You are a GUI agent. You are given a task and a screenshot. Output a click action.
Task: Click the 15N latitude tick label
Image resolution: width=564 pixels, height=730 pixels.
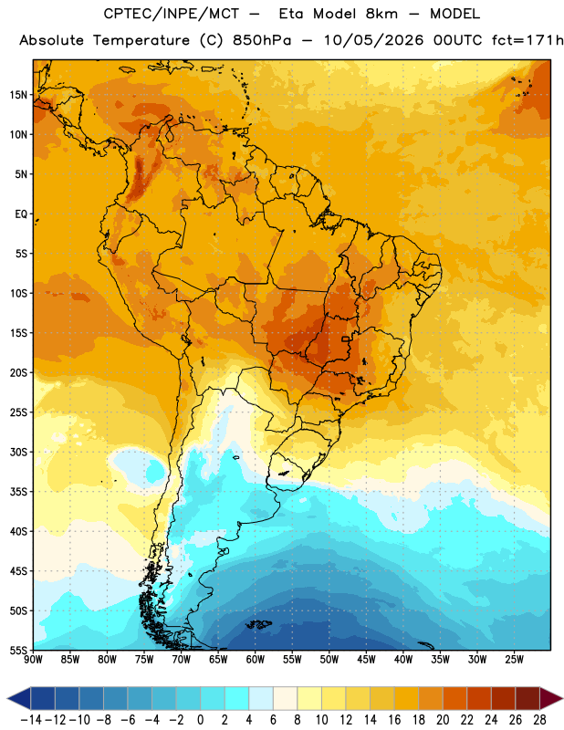click(18, 95)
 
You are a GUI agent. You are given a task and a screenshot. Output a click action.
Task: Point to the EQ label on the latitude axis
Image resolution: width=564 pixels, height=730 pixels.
click(21, 214)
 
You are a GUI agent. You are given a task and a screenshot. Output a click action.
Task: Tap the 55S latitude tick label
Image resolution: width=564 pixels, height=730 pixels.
click(18, 651)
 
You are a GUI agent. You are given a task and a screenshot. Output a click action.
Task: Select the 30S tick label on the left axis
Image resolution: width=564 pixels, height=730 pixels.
click(18, 452)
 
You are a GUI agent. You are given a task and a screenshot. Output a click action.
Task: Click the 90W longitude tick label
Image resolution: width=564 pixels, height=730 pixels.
click(33, 660)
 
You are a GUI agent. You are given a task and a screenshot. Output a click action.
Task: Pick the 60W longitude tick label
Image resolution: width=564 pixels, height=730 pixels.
click(256, 660)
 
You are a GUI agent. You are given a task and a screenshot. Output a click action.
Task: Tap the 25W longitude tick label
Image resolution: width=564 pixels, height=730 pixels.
click(514, 660)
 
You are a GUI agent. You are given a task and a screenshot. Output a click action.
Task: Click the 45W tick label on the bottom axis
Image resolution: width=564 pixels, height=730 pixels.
click(367, 660)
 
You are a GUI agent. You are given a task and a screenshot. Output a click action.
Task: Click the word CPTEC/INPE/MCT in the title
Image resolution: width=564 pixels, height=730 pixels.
click(172, 14)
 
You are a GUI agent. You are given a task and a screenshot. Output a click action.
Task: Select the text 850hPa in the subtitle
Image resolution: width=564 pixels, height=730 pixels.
click(262, 40)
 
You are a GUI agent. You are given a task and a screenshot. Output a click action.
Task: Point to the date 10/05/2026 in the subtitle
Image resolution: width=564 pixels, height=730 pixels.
click(373, 40)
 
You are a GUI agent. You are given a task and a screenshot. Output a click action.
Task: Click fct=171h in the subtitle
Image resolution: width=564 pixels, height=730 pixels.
click(527, 40)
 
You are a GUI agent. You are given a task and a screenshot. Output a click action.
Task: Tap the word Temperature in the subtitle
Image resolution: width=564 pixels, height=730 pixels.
click(141, 40)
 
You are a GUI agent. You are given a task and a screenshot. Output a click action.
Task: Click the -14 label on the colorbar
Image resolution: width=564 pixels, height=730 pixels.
click(31, 720)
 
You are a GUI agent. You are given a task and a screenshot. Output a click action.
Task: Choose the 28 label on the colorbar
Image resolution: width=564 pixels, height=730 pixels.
click(539, 720)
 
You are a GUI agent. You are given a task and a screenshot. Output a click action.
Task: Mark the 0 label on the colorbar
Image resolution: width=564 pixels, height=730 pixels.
click(200, 720)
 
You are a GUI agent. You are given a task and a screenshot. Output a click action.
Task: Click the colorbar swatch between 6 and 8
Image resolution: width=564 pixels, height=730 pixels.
click(285, 698)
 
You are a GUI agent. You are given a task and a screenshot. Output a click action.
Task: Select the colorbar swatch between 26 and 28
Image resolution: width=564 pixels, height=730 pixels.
click(527, 698)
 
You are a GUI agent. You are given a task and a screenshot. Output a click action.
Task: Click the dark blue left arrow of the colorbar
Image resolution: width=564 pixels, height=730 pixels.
click(19, 698)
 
